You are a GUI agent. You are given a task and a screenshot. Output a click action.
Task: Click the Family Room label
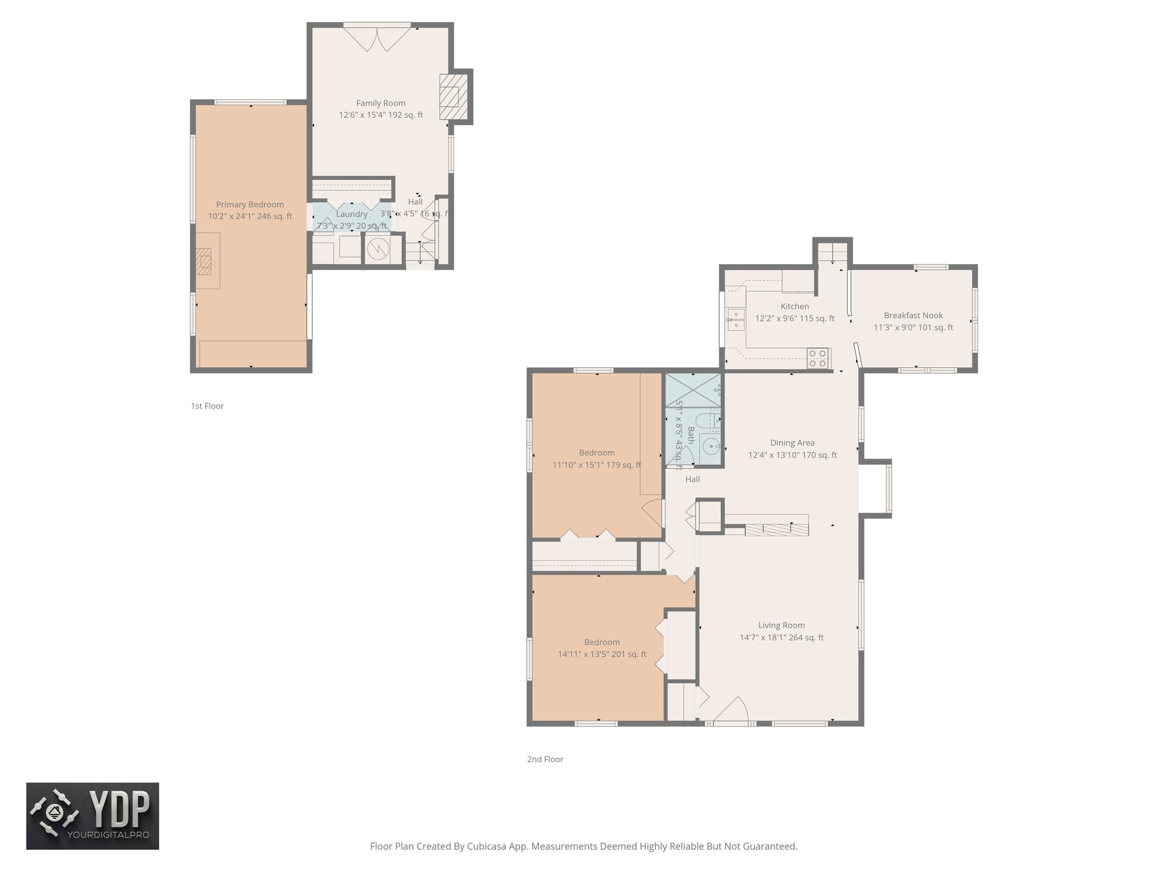pyautogui.click(x=380, y=103)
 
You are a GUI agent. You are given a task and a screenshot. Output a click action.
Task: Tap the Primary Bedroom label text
pyautogui.click(x=250, y=205)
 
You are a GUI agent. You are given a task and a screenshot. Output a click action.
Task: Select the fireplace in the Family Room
pyautogui.click(x=453, y=96)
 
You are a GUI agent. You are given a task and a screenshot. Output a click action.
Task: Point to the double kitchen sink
pyautogui.click(x=735, y=319)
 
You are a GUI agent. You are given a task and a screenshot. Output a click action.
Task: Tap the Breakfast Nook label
pyautogui.click(x=913, y=315)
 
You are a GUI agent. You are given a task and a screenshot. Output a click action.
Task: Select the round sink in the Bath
pyautogui.click(x=711, y=446)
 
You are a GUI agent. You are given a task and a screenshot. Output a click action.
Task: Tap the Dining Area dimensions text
pyautogui.click(x=792, y=455)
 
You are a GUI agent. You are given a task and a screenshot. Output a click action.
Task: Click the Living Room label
pyautogui.click(x=781, y=625)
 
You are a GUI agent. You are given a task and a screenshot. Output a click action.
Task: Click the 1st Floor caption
pyautogui.click(x=207, y=406)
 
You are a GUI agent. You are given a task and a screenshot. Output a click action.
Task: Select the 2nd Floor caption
pyautogui.click(x=545, y=759)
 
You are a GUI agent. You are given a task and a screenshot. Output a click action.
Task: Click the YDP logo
pyautogui.click(x=92, y=816)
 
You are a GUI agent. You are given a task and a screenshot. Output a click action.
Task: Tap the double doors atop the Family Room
pyautogui.click(x=377, y=38)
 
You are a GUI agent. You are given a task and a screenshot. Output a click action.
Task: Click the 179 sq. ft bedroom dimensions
pyautogui.click(x=597, y=465)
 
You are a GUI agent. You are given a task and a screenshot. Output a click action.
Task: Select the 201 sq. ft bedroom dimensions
pyautogui.click(x=602, y=655)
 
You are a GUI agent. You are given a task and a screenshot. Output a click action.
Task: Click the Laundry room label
pyautogui.click(x=351, y=214)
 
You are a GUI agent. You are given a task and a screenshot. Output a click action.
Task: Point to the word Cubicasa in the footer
pyautogui.click(x=488, y=846)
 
